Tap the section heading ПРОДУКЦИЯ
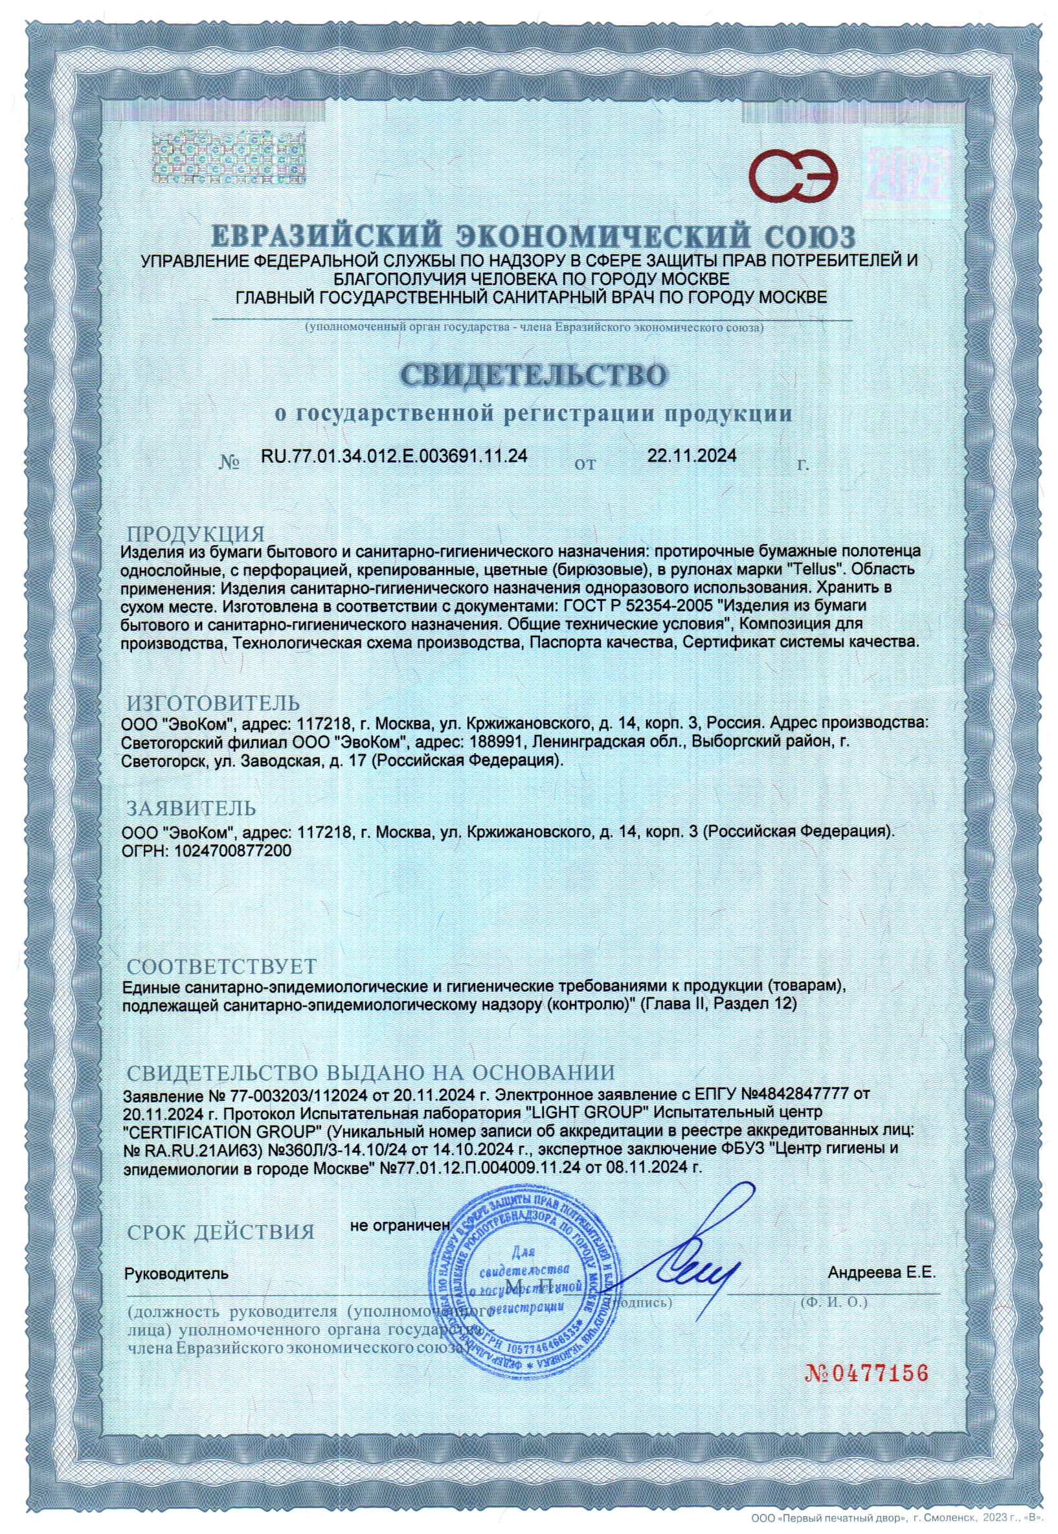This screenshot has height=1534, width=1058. click(196, 534)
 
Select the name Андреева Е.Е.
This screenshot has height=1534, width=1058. click(881, 1273)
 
